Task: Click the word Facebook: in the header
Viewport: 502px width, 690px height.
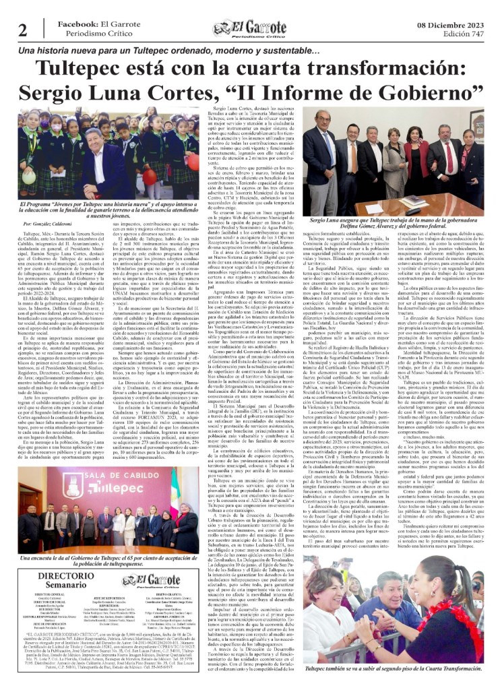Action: click(80, 24)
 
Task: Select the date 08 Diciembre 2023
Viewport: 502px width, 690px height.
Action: click(452, 24)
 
